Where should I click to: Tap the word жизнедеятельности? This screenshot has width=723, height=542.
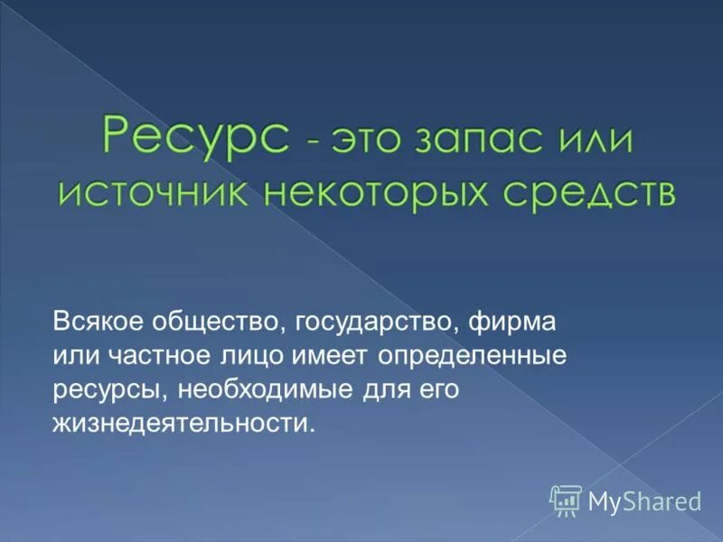185,423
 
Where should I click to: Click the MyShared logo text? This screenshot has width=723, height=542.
644,501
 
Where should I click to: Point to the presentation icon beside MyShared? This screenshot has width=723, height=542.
565,500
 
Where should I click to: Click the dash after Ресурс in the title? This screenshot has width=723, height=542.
311,142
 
